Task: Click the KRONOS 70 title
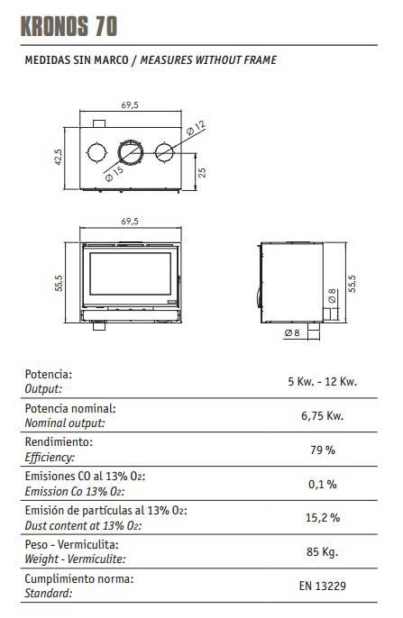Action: click(x=69, y=27)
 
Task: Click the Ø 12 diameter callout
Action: click(x=196, y=128)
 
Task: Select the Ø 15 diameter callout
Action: click(x=114, y=174)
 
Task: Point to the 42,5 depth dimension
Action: click(x=58, y=157)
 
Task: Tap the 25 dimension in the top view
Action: click(x=202, y=173)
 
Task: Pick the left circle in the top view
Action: click(x=96, y=152)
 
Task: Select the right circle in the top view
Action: click(x=164, y=152)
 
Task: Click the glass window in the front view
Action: click(x=131, y=274)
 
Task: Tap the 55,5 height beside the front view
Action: click(x=59, y=283)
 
